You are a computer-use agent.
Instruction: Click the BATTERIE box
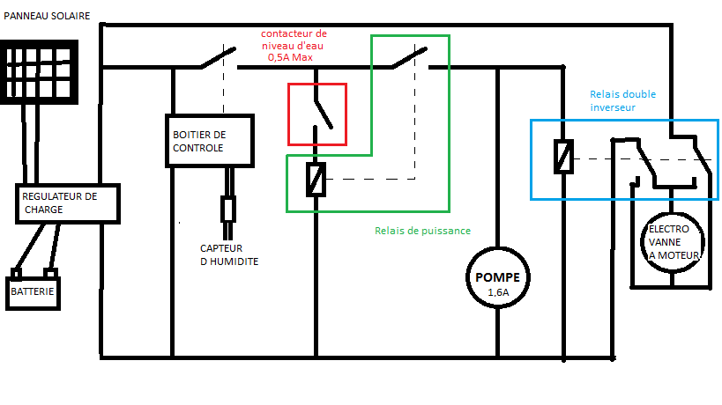[x=33, y=291]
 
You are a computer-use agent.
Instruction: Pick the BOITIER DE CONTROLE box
[x=209, y=141]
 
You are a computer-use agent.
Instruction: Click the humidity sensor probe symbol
[x=228, y=210]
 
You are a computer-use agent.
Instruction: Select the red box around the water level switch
[x=317, y=114]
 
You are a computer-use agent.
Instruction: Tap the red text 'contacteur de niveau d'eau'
[x=295, y=40]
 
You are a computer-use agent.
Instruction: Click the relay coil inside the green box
[x=316, y=180]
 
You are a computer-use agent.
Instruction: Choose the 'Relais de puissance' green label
[x=422, y=231]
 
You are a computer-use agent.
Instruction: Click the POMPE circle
[x=498, y=277]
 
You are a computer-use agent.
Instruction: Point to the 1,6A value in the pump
[x=499, y=292]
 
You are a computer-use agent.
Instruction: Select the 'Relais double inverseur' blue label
[x=622, y=100]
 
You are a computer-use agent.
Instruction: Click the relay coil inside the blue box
[x=562, y=156]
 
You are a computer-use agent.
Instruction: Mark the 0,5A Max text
[x=290, y=57]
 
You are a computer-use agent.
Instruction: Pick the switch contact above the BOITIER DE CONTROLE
[x=216, y=58]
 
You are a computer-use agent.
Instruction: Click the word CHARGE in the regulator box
[x=44, y=210]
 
